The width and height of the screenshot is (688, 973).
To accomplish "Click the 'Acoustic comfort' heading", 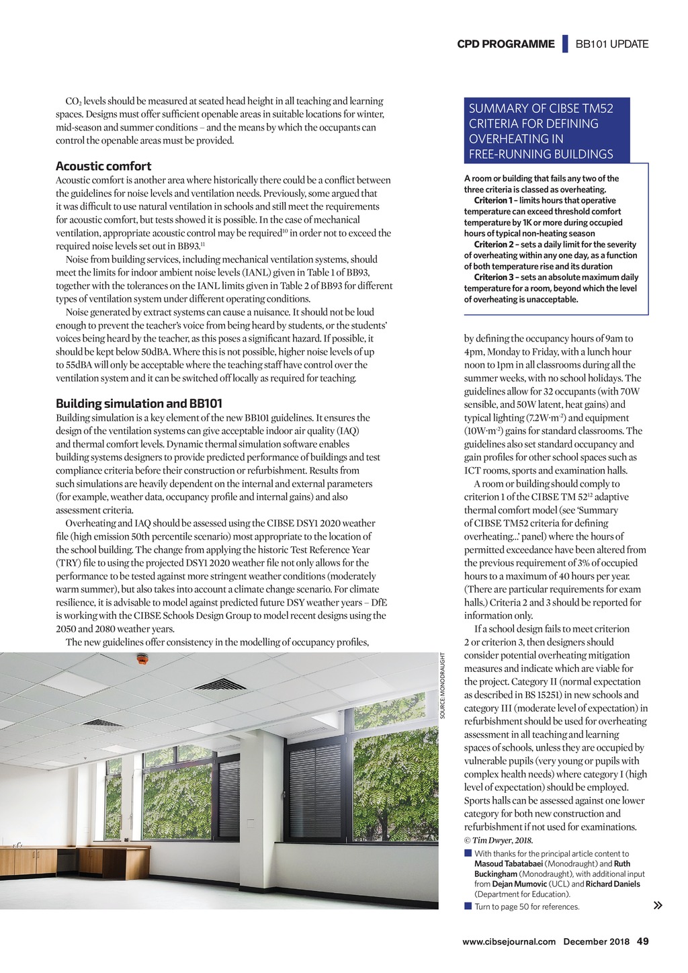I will pos(103,166).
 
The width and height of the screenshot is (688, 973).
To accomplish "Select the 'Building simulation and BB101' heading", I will pos(139,403).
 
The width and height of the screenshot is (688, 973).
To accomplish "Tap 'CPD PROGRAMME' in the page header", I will pos(506,44).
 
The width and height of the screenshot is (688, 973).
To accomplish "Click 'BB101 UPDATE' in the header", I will pos(612,44).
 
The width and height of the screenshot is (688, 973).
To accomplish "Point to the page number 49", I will pos(642,941).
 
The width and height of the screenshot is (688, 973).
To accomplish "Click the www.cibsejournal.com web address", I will pos(509,941).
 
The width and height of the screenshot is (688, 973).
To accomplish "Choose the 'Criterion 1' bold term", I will pos(494,200).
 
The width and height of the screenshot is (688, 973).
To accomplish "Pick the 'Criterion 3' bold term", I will pos(494,277).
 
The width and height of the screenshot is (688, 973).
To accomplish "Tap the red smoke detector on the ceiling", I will pos(141,659).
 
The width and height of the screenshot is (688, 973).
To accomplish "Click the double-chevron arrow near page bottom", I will pos(658,905).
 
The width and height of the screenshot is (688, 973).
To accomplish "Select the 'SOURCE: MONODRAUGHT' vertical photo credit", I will pos(443,686).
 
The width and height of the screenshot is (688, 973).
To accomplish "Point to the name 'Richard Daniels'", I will pos(612,884).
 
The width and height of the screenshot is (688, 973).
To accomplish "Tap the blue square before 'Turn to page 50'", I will pos(468,906).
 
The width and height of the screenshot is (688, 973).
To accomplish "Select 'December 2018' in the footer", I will pos(596,941).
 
